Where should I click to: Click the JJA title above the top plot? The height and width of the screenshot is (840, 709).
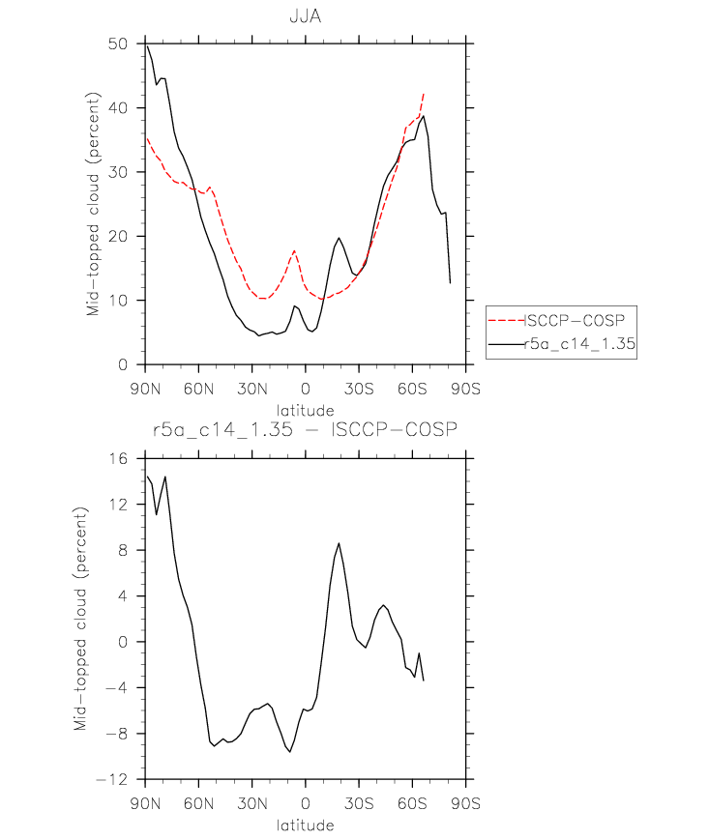coord(306,16)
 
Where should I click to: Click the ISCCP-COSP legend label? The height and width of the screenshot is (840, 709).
coord(575,320)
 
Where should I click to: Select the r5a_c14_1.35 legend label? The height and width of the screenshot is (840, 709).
coord(579,344)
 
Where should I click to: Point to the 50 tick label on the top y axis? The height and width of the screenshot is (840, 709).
coord(118,43)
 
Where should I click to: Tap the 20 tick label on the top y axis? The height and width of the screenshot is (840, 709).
coord(118,236)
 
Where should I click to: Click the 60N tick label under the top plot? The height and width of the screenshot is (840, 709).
coord(199,389)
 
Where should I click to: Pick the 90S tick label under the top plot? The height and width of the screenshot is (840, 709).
coord(465,389)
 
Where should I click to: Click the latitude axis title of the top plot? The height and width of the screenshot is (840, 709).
coord(306,411)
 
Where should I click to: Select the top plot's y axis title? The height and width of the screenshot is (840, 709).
coord(93,204)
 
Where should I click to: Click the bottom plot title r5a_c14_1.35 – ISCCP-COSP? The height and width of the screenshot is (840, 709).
coord(305,429)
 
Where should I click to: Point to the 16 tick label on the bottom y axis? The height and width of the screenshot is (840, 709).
coord(119,458)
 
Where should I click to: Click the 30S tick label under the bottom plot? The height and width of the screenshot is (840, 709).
coord(359,803)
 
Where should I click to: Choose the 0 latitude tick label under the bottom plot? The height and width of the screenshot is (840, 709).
coord(306,803)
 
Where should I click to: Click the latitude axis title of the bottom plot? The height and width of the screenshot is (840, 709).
coord(306,825)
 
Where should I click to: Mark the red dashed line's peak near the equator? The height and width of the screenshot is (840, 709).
coord(294,250)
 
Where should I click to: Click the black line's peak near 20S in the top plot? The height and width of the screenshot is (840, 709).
coord(339,238)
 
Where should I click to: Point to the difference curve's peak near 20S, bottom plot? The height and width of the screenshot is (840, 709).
coord(339,543)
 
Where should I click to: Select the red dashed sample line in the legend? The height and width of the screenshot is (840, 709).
coord(507,320)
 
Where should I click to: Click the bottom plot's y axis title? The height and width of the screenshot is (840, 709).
coord(80,619)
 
